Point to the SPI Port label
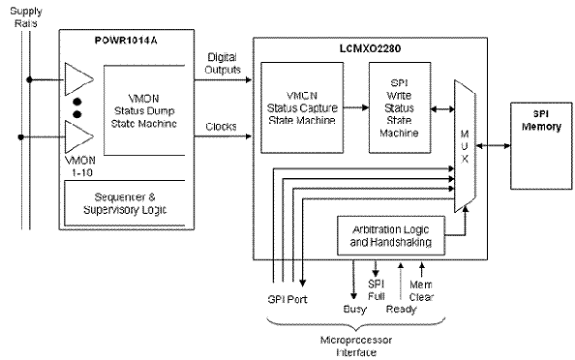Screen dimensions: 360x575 288,300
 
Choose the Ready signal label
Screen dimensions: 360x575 402,311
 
